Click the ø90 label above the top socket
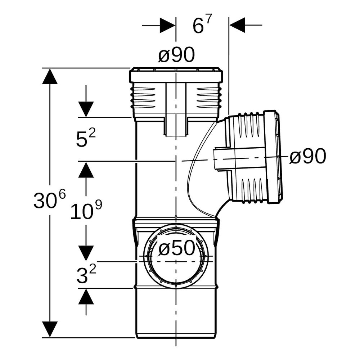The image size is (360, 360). [x=176, y=55]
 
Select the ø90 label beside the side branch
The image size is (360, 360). [x=308, y=156]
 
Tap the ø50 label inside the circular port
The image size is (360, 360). [x=177, y=248]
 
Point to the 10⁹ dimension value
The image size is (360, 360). [x=86, y=210]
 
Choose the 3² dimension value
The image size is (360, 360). [x=86, y=274]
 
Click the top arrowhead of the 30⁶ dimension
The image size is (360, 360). [x=50, y=76]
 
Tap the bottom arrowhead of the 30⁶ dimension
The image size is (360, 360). [x=50, y=329]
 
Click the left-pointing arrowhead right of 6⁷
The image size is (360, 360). [x=237, y=25]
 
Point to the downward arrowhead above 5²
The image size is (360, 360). [x=86, y=109]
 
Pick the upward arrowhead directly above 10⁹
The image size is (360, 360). [x=86, y=170]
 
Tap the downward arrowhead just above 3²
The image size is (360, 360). [x=86, y=253]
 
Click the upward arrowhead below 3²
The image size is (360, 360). [x=86, y=296]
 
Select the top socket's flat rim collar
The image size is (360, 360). [x=176, y=75]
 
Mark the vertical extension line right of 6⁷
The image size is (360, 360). [x=229, y=66]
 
